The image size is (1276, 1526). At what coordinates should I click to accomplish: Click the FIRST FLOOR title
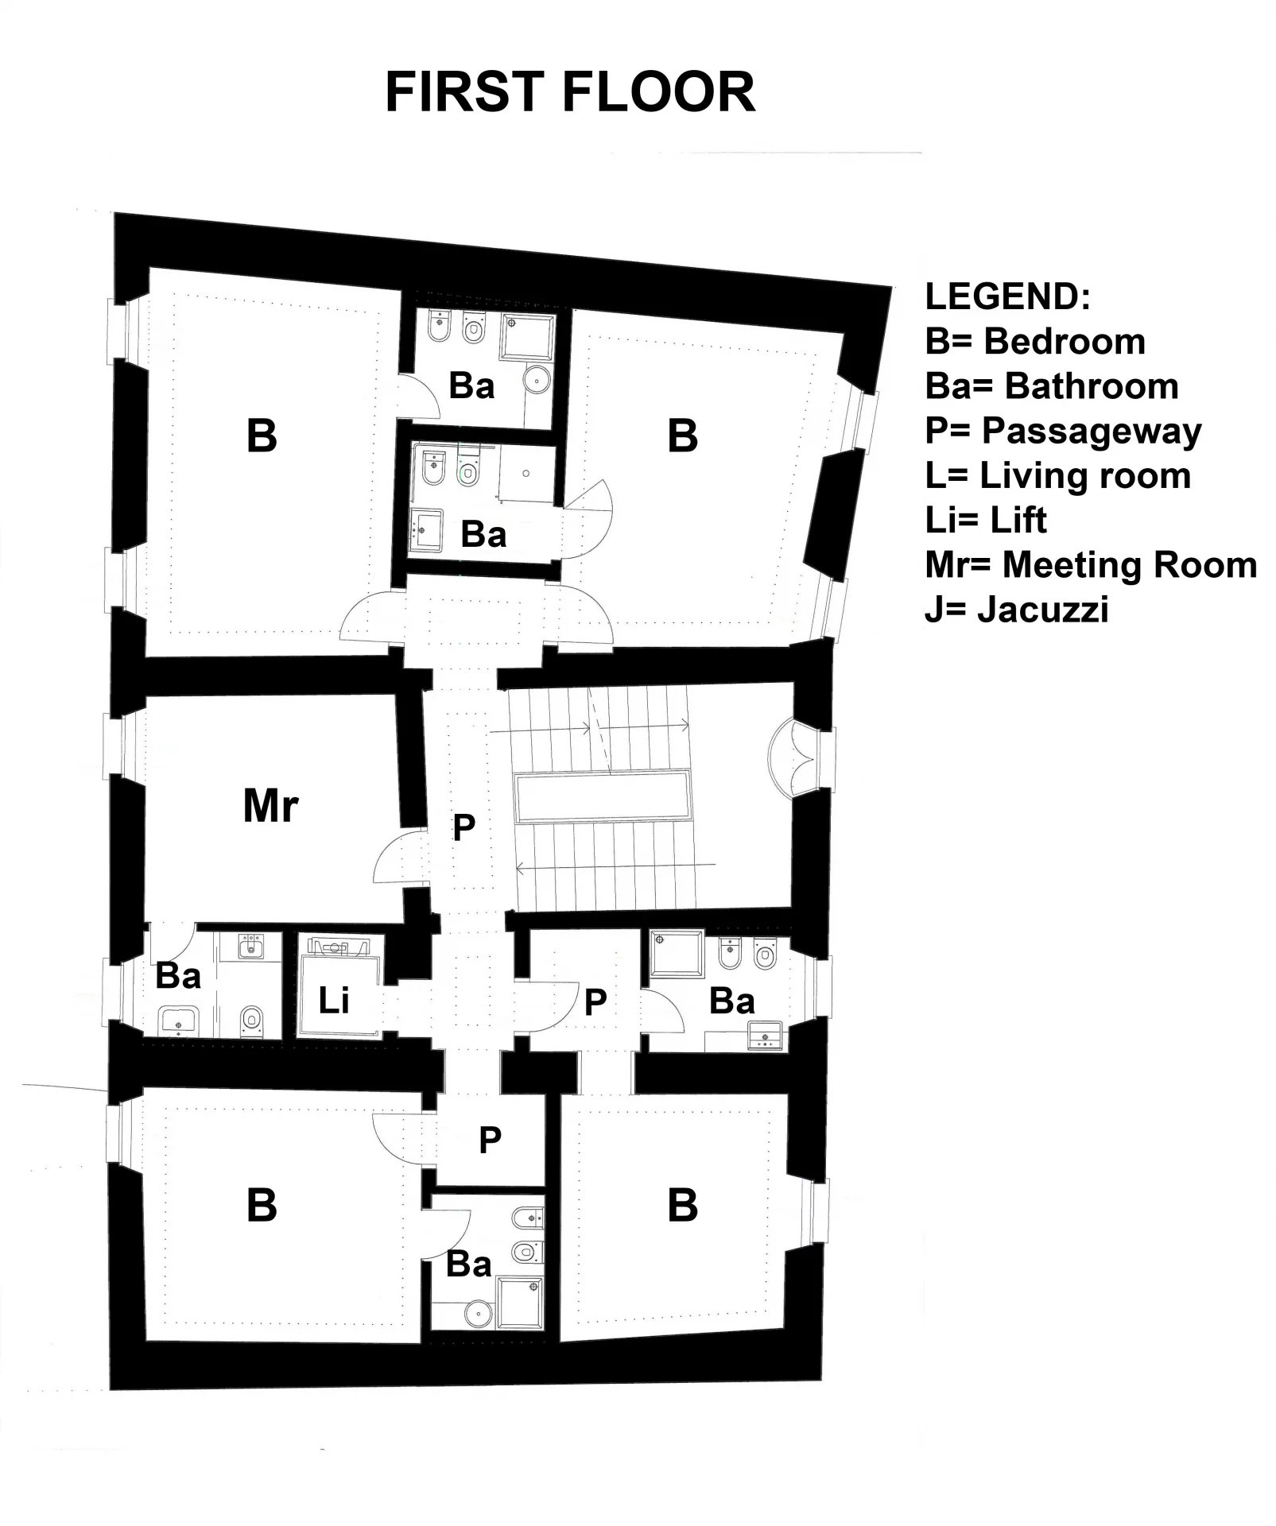click(x=569, y=92)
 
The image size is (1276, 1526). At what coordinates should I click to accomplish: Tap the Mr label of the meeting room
click(x=270, y=806)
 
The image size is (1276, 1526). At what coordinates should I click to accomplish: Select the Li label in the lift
click(x=333, y=1001)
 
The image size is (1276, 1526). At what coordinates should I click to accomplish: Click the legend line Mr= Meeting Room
click(x=1091, y=565)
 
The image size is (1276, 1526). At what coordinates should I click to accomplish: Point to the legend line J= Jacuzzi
click(x=1017, y=610)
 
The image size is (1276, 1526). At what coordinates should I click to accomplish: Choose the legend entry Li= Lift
click(x=986, y=521)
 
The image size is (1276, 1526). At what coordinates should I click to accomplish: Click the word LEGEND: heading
click(x=1007, y=296)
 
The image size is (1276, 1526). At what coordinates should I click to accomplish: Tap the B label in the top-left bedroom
click(x=262, y=436)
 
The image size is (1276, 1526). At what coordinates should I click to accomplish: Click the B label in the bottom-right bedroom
click(x=682, y=1206)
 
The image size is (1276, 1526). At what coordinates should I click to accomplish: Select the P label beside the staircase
click(x=463, y=827)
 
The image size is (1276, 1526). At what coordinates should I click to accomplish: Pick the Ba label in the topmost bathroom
click(x=471, y=386)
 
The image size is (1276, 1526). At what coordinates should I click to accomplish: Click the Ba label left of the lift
click(x=178, y=975)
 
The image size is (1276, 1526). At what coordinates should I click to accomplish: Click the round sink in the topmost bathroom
click(x=539, y=381)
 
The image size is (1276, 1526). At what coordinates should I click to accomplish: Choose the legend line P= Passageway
click(x=1063, y=431)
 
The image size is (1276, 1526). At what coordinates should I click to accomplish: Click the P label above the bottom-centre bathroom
click(x=490, y=1140)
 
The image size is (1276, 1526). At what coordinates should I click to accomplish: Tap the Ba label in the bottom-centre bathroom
click(x=468, y=1264)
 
